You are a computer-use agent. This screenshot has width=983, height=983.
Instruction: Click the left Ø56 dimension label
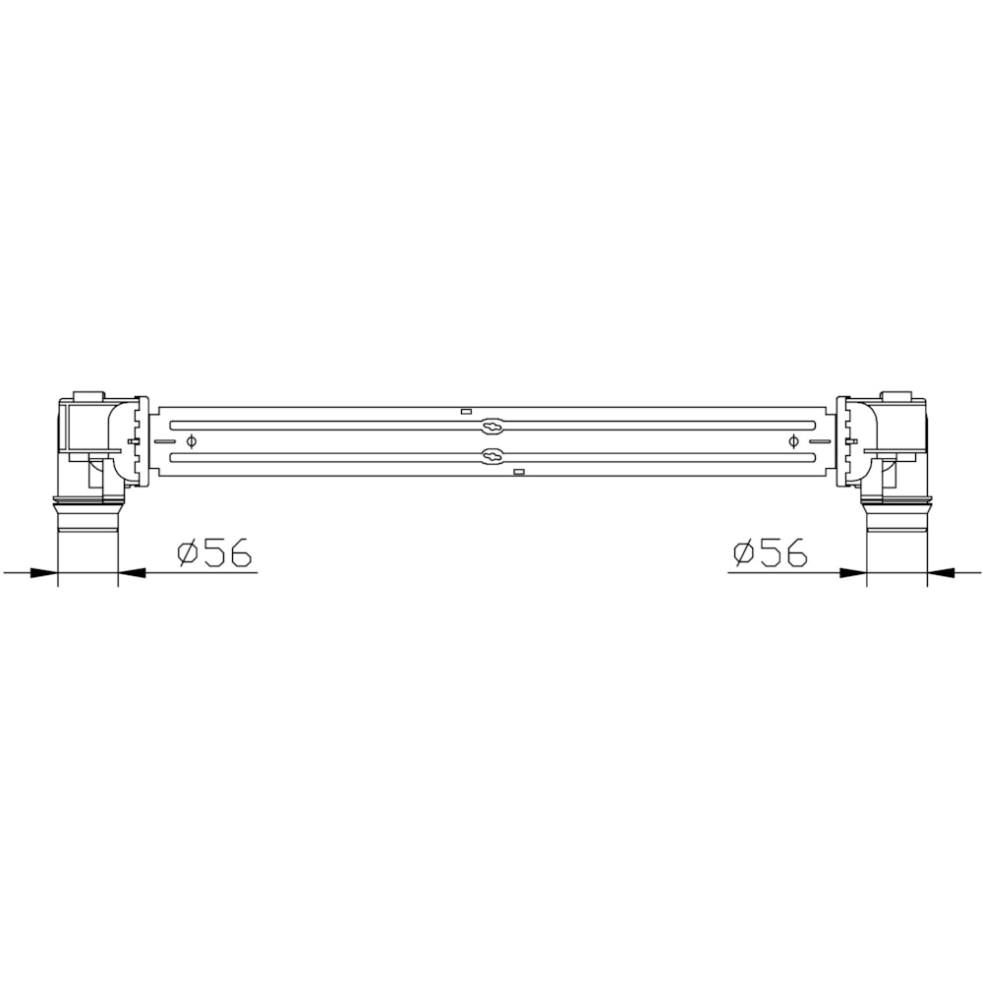[x=214, y=551]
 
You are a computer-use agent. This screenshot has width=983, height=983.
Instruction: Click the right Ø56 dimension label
[x=770, y=551]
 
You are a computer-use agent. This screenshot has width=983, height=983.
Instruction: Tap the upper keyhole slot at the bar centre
[x=492, y=427]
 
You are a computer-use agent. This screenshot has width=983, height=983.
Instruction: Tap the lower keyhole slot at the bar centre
[x=492, y=456]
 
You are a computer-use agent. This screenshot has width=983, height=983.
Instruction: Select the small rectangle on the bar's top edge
[x=466, y=411]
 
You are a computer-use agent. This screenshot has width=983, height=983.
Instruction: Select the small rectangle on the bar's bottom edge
[x=518, y=472]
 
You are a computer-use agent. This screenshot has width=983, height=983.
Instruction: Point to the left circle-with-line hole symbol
[x=192, y=441]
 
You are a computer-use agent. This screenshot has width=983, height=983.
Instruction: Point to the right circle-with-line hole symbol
[x=793, y=441]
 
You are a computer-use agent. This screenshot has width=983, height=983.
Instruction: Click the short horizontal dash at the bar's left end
[x=164, y=441]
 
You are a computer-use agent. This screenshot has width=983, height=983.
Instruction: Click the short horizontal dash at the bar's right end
[x=820, y=441]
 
